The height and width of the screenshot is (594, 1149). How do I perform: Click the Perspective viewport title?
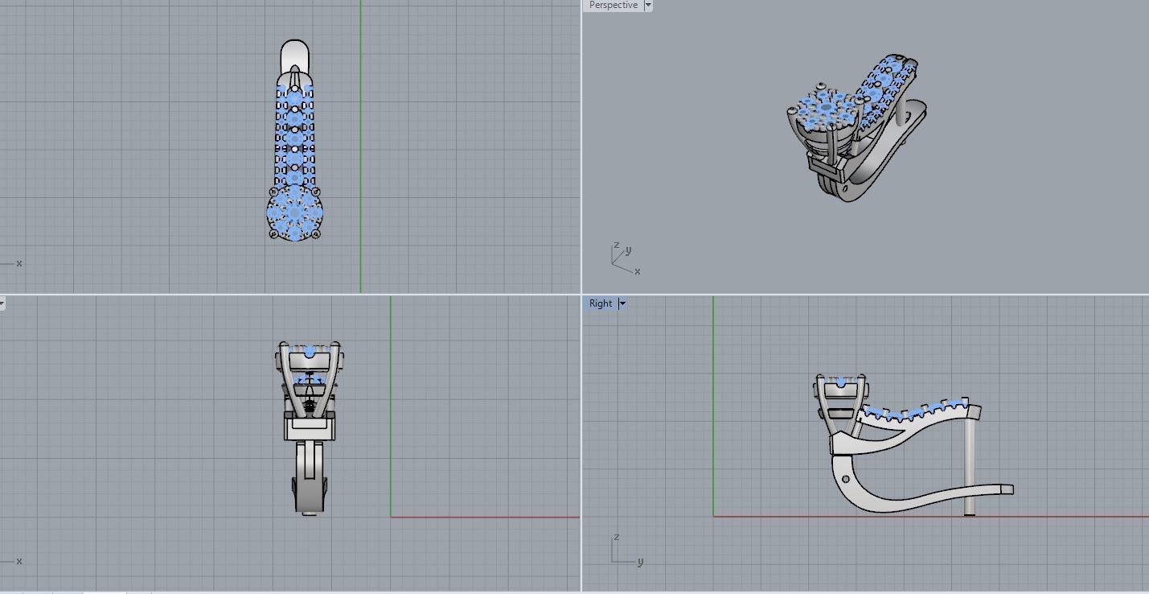tap(613, 6)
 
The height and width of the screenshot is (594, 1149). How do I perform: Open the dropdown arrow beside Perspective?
tap(648, 6)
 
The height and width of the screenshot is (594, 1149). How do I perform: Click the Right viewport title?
tap(600, 303)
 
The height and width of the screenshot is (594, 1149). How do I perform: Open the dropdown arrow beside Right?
tap(622, 303)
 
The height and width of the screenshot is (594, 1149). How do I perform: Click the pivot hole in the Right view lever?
tap(845, 479)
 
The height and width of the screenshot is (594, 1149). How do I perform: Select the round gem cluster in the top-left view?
tap(295, 212)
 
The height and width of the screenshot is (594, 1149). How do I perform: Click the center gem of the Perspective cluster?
tap(827, 107)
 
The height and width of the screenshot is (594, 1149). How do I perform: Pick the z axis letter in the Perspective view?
tap(616, 245)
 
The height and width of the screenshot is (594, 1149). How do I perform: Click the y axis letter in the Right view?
tap(640, 562)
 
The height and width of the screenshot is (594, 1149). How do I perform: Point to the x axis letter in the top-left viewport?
tap(19, 263)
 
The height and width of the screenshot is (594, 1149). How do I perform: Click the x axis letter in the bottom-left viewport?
tap(19, 561)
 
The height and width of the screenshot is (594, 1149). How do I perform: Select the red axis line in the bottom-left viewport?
tap(482, 517)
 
